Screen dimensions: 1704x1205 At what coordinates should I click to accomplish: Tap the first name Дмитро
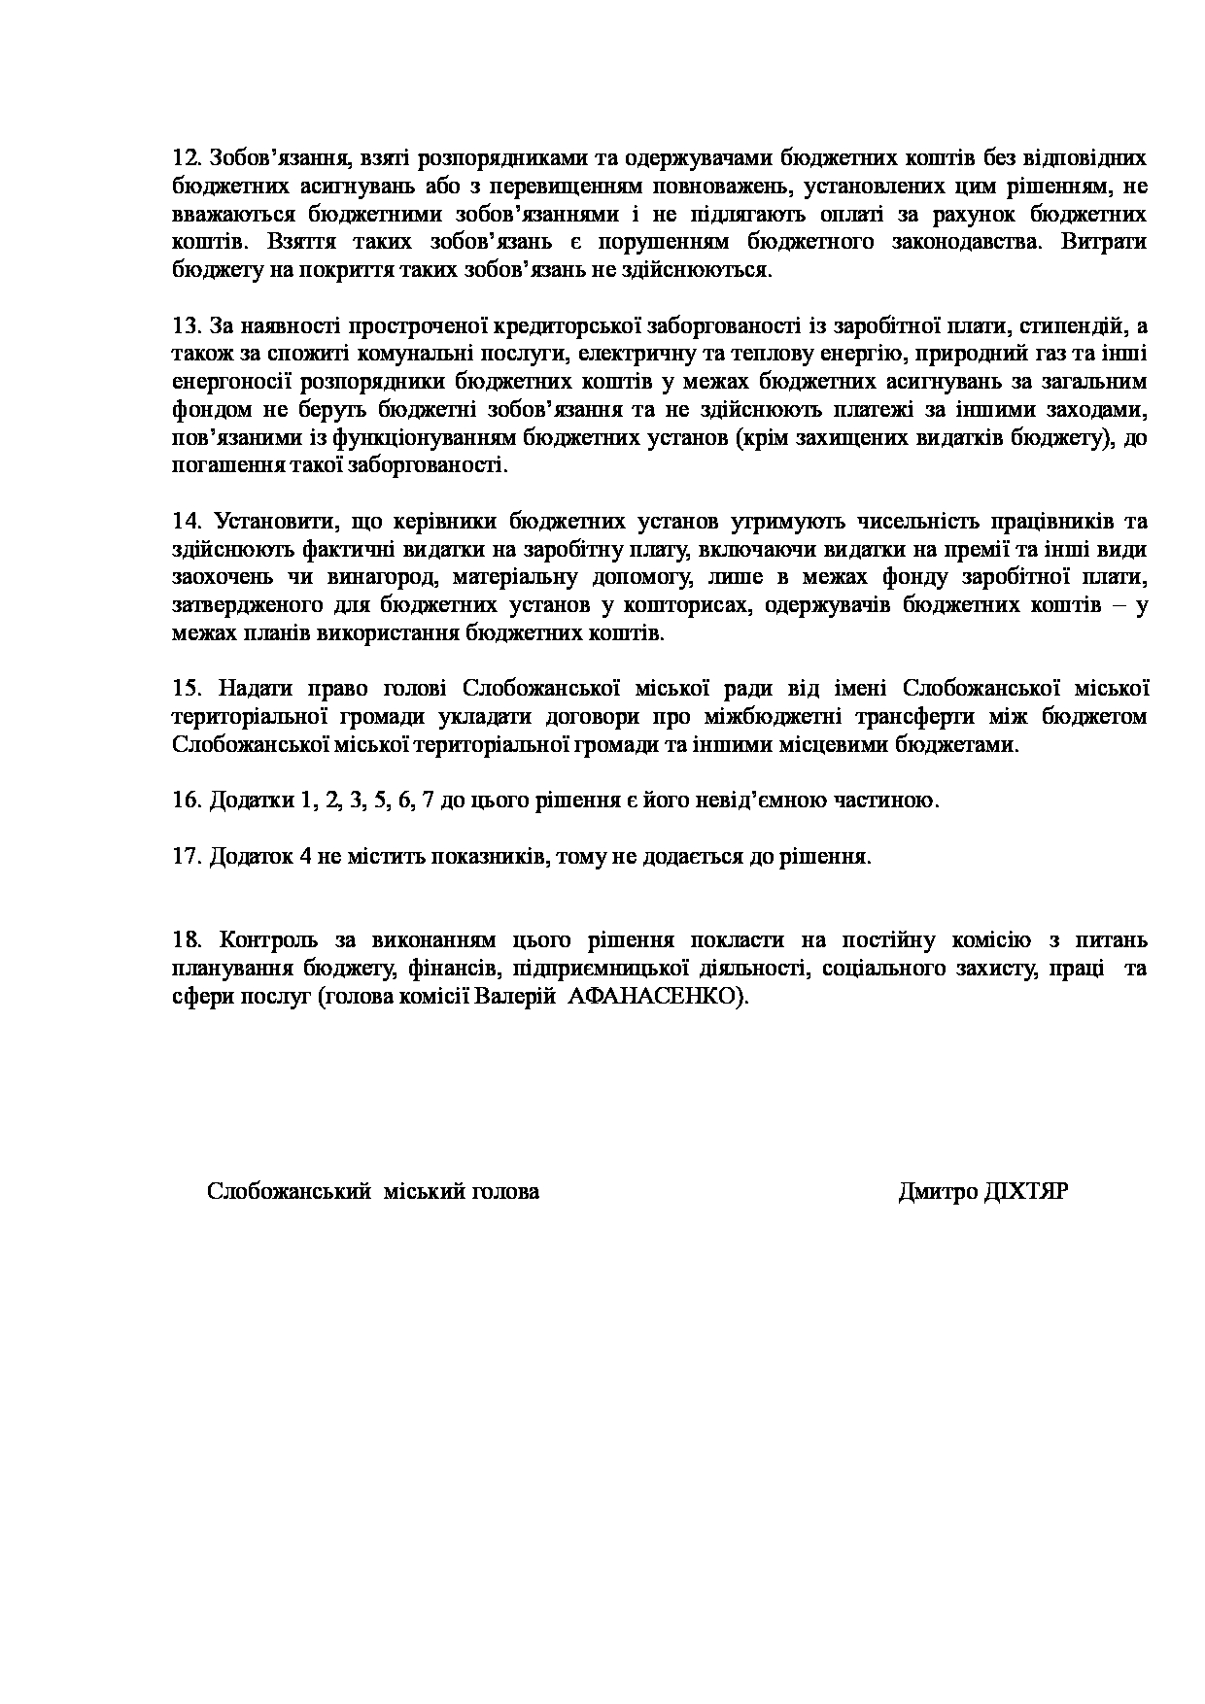pyautogui.click(x=938, y=1192)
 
